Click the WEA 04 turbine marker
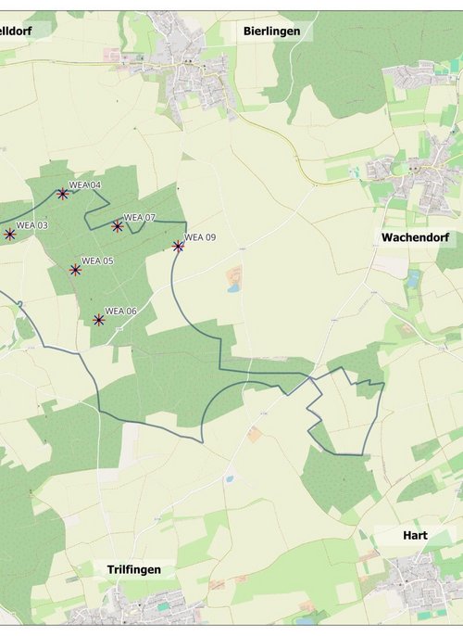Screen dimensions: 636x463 [x=62, y=194]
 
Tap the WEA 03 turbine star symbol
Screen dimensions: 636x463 [x=9, y=235]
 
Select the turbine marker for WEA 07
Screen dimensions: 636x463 [x=118, y=226]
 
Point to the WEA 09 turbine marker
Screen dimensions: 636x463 [x=178, y=246]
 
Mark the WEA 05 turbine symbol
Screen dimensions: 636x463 [x=75, y=270]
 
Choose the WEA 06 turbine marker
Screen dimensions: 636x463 [x=99, y=320]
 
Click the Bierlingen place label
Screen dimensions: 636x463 [x=271, y=31]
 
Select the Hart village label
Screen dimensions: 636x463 [x=415, y=535]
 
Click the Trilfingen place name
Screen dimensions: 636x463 [x=133, y=569]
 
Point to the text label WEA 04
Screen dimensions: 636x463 [x=85, y=184]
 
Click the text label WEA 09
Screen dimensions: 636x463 [x=200, y=237]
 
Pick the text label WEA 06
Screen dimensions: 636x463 [x=121, y=311]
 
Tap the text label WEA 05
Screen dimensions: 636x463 [x=97, y=261]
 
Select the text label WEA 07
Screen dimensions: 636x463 [x=140, y=217]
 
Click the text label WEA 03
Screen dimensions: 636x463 [x=31, y=224]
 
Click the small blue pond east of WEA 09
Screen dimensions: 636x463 [x=232, y=287]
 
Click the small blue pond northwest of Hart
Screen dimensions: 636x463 [x=228, y=479]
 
